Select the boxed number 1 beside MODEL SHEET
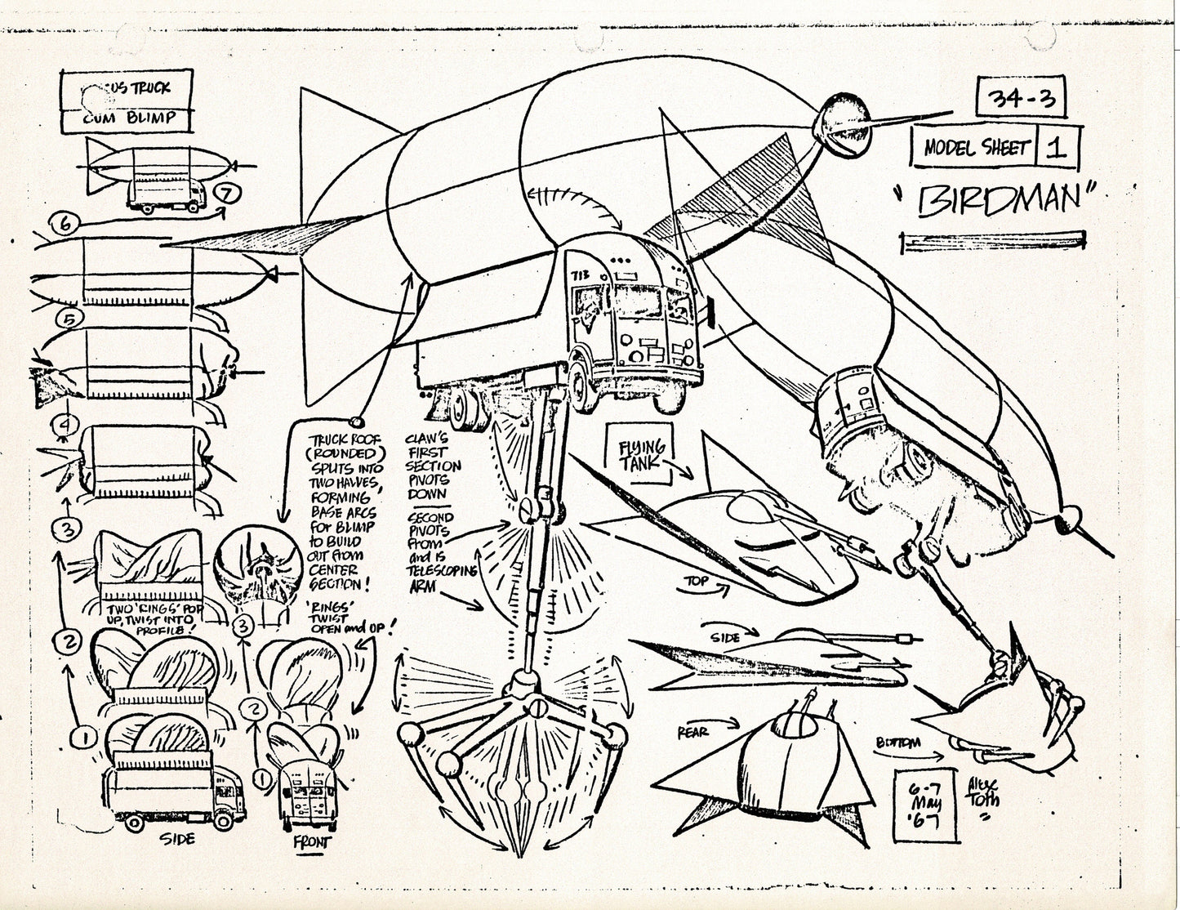click(1058, 148)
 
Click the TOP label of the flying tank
click(697, 583)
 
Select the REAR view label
click(692, 733)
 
